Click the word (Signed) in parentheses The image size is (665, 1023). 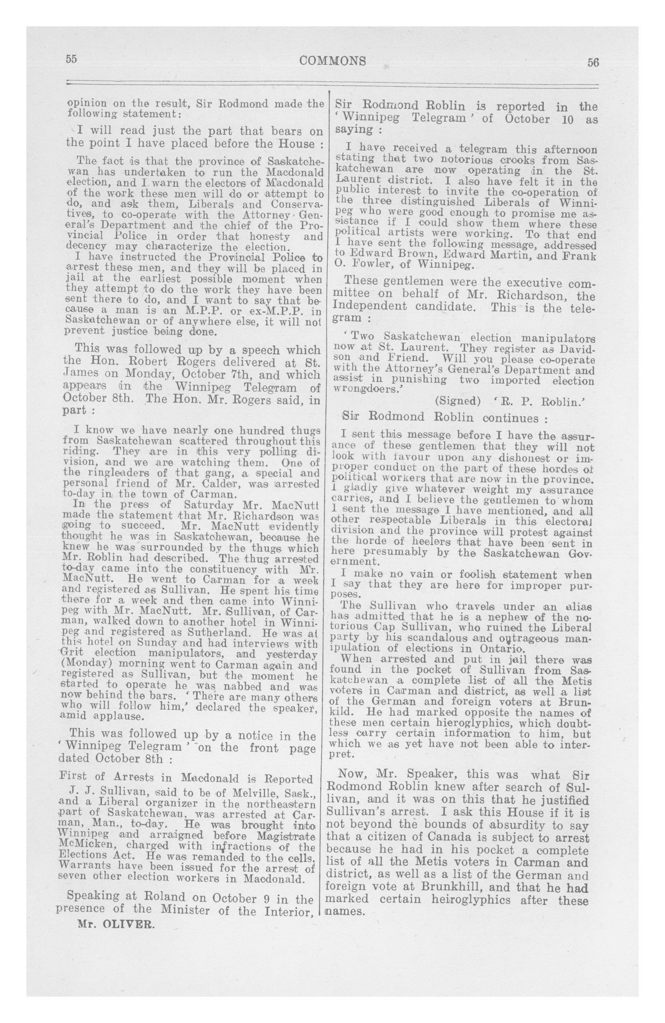click(x=457, y=401)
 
